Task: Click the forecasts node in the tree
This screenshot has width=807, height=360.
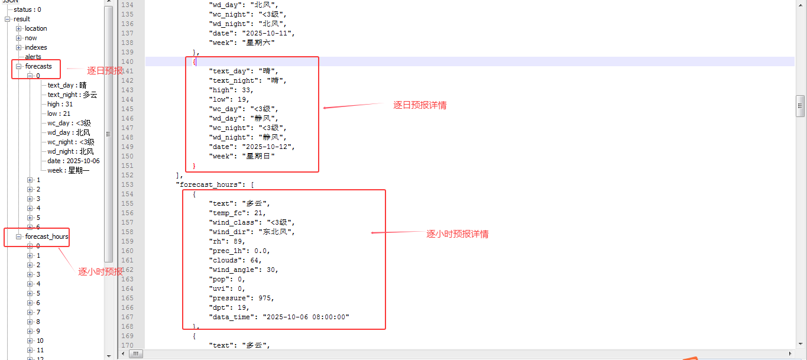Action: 38,66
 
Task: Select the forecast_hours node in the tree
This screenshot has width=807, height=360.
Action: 47,236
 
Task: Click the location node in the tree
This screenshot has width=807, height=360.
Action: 35,28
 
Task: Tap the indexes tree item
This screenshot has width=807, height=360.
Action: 35,47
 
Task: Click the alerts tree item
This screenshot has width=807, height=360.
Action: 33,57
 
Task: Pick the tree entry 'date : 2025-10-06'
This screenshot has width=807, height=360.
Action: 73,161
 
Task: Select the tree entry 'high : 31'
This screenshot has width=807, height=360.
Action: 60,104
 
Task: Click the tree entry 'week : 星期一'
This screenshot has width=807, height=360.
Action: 69,170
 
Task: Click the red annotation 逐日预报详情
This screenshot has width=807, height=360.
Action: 420,105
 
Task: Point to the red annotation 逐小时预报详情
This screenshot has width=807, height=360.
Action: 458,234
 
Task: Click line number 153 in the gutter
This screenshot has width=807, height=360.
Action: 127,184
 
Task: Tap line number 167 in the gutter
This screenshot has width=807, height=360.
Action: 127,317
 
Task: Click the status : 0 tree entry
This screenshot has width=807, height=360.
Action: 27,9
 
